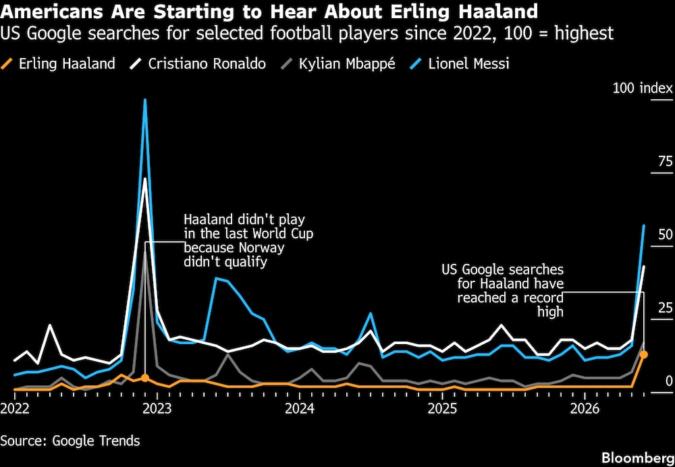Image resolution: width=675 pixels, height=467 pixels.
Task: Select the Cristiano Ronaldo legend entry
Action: click(198, 64)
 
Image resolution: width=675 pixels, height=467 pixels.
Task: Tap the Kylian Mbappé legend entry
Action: click(337, 64)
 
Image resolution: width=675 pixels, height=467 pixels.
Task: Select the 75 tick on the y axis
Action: click(665, 162)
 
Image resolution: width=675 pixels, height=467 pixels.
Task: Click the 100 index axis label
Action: click(643, 88)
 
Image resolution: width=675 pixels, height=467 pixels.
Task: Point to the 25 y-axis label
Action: click(665, 308)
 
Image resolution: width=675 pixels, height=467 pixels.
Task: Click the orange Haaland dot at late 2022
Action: click(145, 378)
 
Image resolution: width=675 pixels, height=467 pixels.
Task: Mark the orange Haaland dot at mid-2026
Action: click(643, 355)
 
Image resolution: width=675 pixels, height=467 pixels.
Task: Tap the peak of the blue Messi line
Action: click(145, 100)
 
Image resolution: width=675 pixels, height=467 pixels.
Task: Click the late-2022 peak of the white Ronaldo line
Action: click(145, 178)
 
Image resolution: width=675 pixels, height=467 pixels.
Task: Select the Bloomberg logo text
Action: click(638, 457)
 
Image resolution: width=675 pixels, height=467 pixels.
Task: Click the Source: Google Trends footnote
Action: click(70, 441)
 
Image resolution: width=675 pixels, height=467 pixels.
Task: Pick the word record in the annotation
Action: click(543, 297)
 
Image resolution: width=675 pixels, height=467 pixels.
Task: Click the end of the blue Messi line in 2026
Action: click(643, 225)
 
